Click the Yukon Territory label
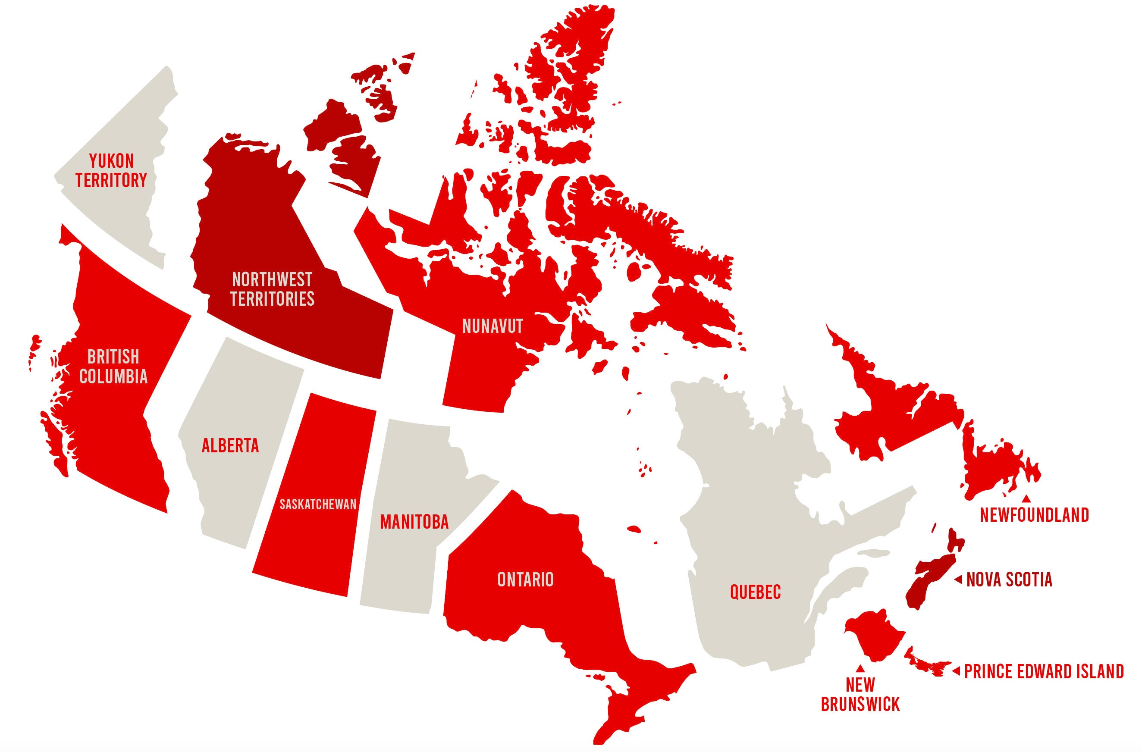click(111, 171)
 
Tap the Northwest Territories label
click(272, 289)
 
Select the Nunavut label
click(493, 326)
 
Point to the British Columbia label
click(113, 367)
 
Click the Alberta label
click(230, 446)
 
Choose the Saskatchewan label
click(318, 504)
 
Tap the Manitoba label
click(414, 522)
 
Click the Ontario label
click(525, 580)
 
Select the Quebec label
click(755, 592)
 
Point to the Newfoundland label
click(1034, 515)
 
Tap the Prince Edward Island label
click(1044, 671)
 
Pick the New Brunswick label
click(860, 694)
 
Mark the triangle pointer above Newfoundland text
click(1026, 499)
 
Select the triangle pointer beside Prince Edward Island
click(956, 671)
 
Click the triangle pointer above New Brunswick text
click(860, 667)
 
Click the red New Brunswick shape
click(871, 633)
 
